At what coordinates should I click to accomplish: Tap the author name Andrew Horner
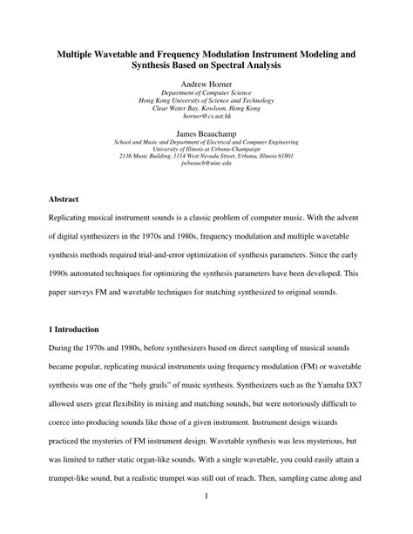[x=206, y=85]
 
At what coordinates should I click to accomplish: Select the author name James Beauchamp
[x=206, y=134]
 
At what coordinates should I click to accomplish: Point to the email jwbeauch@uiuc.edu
[x=206, y=163]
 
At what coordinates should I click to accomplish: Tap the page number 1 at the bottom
[x=206, y=521]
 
